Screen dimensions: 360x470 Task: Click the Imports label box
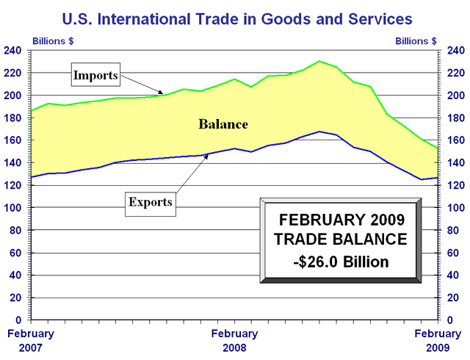point(95,75)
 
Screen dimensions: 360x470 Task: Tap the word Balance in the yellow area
point(223,124)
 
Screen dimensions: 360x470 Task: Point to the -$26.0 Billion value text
point(341,262)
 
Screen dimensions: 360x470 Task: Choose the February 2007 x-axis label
point(30,339)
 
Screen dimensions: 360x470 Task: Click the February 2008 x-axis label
point(234,339)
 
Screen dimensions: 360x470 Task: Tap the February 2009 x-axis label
point(438,339)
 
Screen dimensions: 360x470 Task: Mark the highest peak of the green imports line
point(319,61)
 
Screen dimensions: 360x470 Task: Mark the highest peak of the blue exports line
point(319,132)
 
